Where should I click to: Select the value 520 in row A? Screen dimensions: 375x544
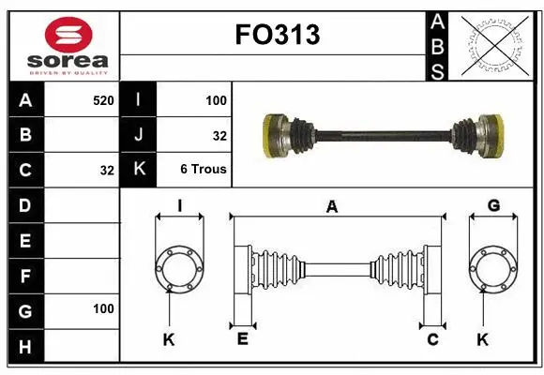103,98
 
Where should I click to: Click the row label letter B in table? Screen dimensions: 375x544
24,135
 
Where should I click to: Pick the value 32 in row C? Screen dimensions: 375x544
107,171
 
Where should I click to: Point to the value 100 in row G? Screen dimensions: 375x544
103,308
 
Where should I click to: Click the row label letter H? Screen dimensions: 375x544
24,347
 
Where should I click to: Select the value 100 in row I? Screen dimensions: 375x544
216,98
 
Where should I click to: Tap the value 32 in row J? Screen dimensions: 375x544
219,135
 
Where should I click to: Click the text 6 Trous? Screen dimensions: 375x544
204,170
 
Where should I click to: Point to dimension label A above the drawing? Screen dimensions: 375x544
331,207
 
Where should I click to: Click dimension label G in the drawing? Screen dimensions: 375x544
493,205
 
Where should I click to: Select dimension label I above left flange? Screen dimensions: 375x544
178,205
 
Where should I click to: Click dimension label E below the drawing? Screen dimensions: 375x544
241,339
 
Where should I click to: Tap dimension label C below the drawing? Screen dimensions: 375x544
432,339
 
